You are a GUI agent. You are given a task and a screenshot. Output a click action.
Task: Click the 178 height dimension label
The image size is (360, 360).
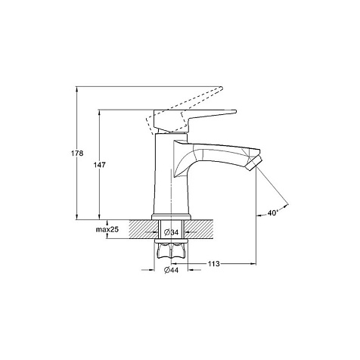pos(77,153)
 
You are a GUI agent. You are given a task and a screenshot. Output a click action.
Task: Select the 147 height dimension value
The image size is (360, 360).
pos(99,165)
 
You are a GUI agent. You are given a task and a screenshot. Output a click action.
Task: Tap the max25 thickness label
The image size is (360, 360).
pos(107,229)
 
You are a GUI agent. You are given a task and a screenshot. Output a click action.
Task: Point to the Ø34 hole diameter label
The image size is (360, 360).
pos(171,232)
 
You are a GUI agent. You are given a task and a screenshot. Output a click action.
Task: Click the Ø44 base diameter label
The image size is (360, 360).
pos(171,270)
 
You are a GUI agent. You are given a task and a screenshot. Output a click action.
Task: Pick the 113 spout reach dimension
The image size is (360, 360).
pos(214,264)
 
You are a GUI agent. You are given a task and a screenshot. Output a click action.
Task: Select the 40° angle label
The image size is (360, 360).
pos(273,213)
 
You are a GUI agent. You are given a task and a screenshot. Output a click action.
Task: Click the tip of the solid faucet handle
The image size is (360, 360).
pos(236,111)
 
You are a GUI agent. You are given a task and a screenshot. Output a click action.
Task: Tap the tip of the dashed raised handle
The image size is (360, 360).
pos(222,88)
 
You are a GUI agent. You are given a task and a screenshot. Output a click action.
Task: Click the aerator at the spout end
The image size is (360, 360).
pos(254,163)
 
